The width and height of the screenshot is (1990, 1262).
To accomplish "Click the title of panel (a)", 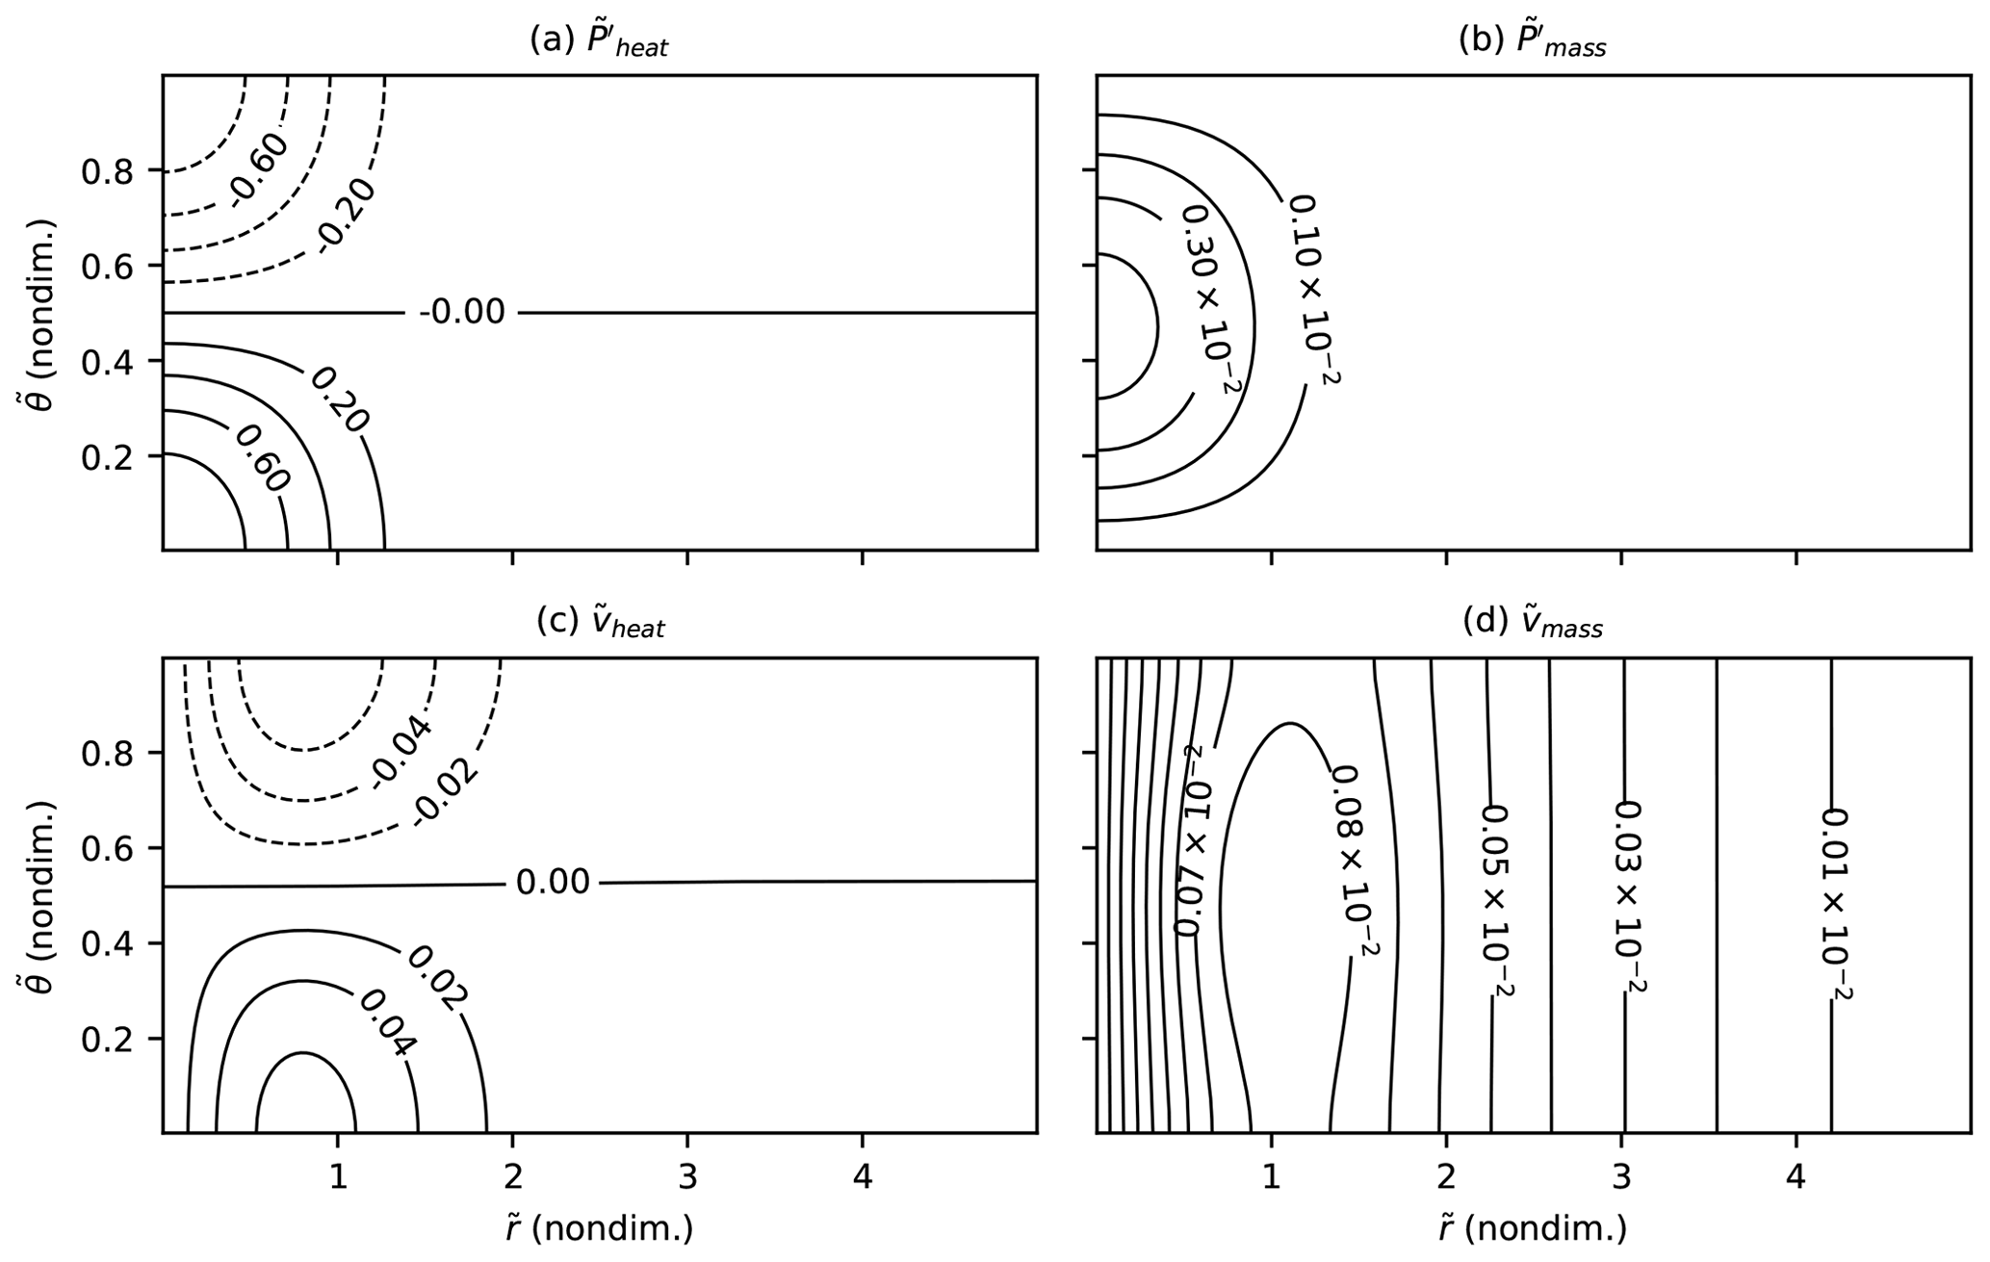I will (599, 41).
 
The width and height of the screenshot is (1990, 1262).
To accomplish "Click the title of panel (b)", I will (1533, 41).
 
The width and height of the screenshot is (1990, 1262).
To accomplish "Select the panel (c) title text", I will (600, 624).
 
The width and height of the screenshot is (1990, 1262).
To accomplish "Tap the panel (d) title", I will (1533, 624).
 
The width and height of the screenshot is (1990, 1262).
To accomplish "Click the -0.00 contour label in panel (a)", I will (461, 312).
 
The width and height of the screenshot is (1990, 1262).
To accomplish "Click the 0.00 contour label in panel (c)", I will (553, 882).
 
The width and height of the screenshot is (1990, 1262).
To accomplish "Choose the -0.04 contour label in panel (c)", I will (400, 751).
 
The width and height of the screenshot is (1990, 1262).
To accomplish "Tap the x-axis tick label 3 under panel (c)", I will (686, 1178).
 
